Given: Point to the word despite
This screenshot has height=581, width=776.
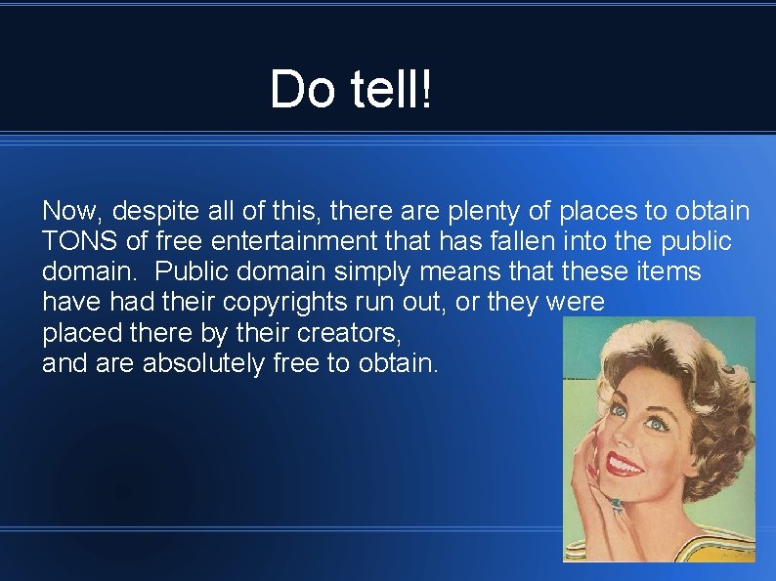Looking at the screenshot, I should coord(152,212).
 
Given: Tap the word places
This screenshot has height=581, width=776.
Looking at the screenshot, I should coord(598,211).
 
